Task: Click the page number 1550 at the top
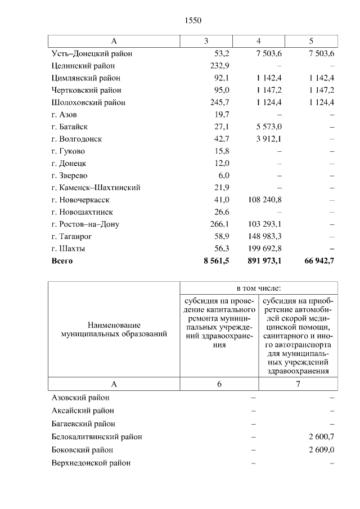pyautogui.click(x=192, y=21)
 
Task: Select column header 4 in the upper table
pyautogui.click(x=258, y=41)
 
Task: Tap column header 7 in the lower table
pyautogui.click(x=298, y=384)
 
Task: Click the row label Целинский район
pyautogui.click(x=83, y=66)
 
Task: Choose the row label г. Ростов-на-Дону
pyautogui.click(x=85, y=224)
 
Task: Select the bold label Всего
pyautogui.click(x=62, y=261)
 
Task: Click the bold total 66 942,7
pyautogui.click(x=318, y=261)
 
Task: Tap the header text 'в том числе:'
pyautogui.click(x=258, y=287)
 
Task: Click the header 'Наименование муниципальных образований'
pyautogui.click(x=114, y=330)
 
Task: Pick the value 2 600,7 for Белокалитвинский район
pyautogui.click(x=321, y=436)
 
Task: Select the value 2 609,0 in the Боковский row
pyautogui.click(x=321, y=450)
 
